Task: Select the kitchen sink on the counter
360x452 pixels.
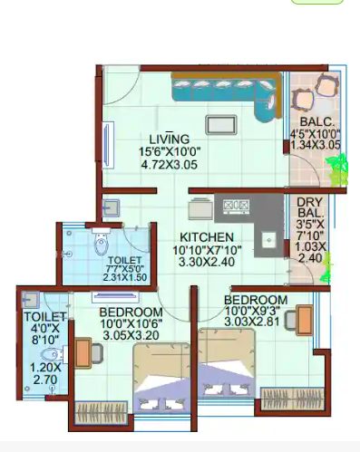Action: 268,241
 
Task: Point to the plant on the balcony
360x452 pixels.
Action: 337,168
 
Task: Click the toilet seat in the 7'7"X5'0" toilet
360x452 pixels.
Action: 102,244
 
